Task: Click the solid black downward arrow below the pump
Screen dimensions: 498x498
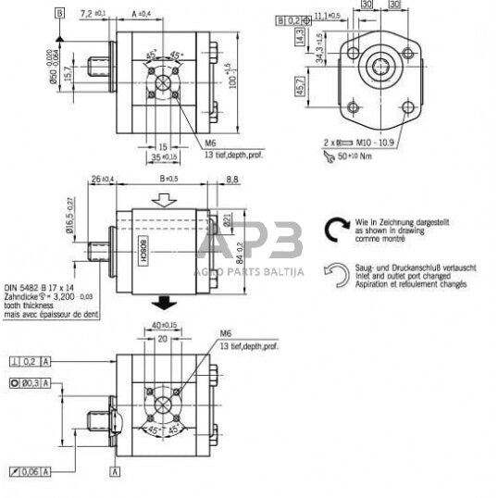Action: tap(163, 301)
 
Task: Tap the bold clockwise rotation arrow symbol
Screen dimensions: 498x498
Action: tap(332, 230)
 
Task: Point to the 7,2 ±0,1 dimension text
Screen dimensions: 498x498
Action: tap(93, 14)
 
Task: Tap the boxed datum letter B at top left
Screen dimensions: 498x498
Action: tap(59, 14)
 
